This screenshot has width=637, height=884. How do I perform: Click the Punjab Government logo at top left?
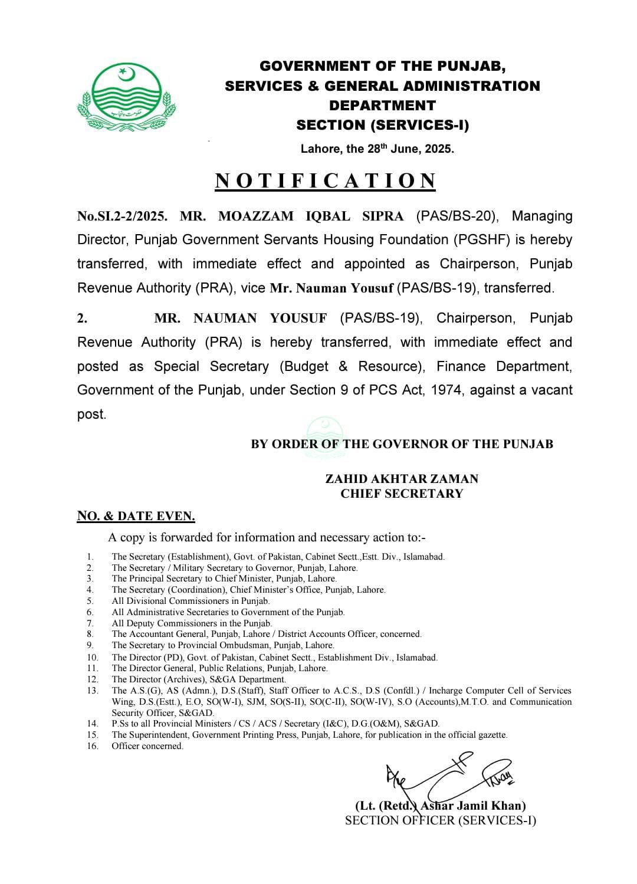(x=126, y=98)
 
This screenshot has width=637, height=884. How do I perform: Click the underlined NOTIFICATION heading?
(x=326, y=180)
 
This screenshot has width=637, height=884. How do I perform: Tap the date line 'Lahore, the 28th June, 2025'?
(x=377, y=149)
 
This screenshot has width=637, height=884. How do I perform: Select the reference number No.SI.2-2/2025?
(x=122, y=216)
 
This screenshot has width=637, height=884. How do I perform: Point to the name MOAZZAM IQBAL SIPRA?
(x=311, y=216)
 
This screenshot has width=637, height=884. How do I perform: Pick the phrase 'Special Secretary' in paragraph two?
(x=211, y=366)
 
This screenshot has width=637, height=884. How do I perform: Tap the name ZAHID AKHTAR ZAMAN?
(x=402, y=479)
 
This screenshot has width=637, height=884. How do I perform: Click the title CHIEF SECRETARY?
(x=402, y=494)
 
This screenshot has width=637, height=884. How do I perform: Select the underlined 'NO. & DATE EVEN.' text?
(x=136, y=516)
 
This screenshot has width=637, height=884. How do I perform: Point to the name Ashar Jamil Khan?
(x=473, y=806)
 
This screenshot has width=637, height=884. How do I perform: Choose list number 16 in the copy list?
(x=93, y=746)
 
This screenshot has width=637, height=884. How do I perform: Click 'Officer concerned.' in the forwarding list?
(x=147, y=746)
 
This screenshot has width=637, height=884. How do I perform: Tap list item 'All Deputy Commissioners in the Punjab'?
(x=192, y=623)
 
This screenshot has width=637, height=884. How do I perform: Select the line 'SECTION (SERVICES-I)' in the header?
(x=382, y=125)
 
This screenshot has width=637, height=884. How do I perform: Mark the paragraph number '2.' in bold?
(x=83, y=318)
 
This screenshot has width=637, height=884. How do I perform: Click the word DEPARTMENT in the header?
(x=382, y=106)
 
